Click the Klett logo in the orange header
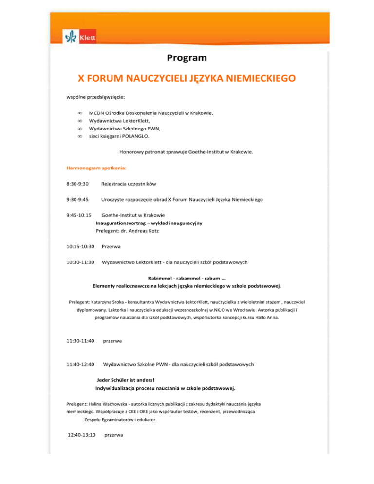tap(80, 36)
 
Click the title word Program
tap(187, 58)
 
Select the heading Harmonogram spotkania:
tap(96, 168)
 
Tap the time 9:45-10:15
tap(79, 215)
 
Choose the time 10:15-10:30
tap(80, 247)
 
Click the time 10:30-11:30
tap(80, 263)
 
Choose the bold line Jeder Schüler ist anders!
tap(126, 380)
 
